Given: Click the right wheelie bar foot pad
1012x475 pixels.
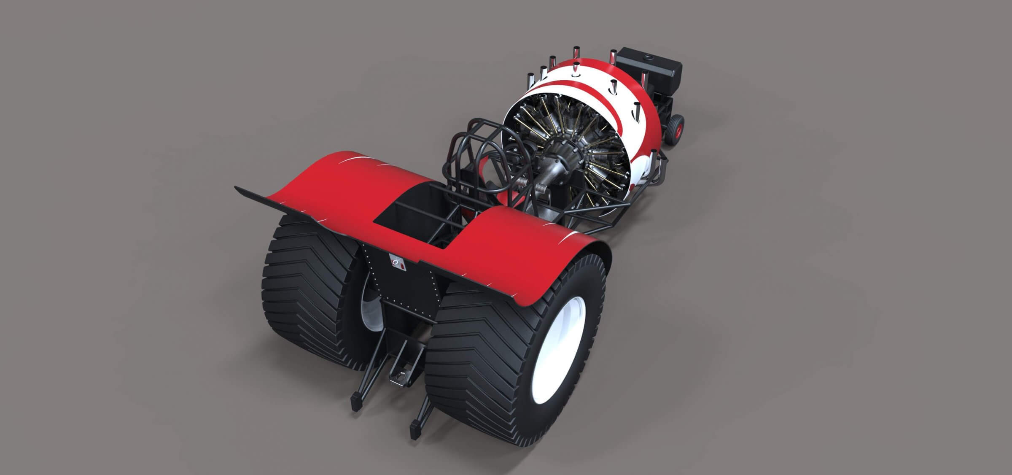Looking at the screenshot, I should coord(415,430).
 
